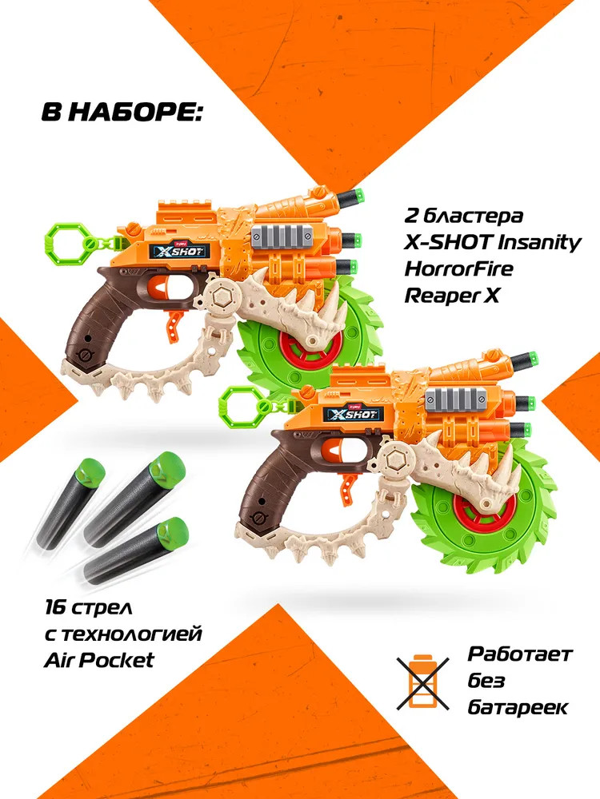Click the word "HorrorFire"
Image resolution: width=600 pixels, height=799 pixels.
[x=458, y=268]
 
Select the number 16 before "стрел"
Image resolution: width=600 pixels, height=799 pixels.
[x=54, y=608]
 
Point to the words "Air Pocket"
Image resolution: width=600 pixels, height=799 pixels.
[x=99, y=661]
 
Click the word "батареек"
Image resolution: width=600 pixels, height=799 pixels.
[x=518, y=707]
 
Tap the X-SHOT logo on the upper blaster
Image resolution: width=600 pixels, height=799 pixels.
[x=177, y=251]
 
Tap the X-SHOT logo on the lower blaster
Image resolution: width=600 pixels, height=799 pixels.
[x=354, y=413]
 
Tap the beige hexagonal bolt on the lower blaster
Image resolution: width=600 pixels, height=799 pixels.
[x=396, y=459]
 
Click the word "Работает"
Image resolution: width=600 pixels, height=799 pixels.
[x=520, y=654]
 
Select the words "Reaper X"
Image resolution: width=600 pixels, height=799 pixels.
[x=451, y=295]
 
